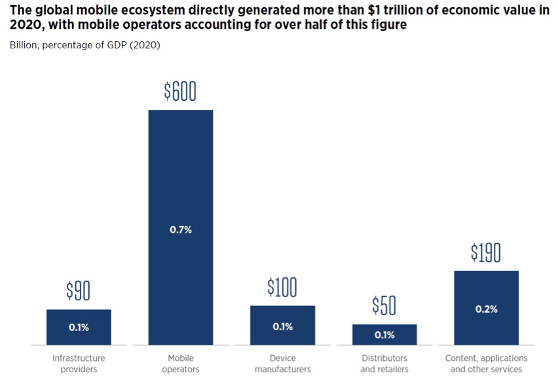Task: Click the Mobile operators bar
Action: pos(180,196)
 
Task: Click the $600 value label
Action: pos(180,92)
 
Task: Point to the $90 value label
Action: pos(79,291)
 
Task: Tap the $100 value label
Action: pos(282,287)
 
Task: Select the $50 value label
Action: pos(384,305)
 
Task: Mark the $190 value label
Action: pos(486,253)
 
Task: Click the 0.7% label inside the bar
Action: pos(180,230)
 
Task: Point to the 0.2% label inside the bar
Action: pos(486,309)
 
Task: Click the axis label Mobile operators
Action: pos(180,364)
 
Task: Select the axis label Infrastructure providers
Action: pos(79,364)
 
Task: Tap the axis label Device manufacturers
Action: pos(282,364)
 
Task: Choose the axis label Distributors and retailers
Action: pos(384,364)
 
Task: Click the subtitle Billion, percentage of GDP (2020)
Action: pos(84,45)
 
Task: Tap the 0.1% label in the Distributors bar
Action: pos(384,335)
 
